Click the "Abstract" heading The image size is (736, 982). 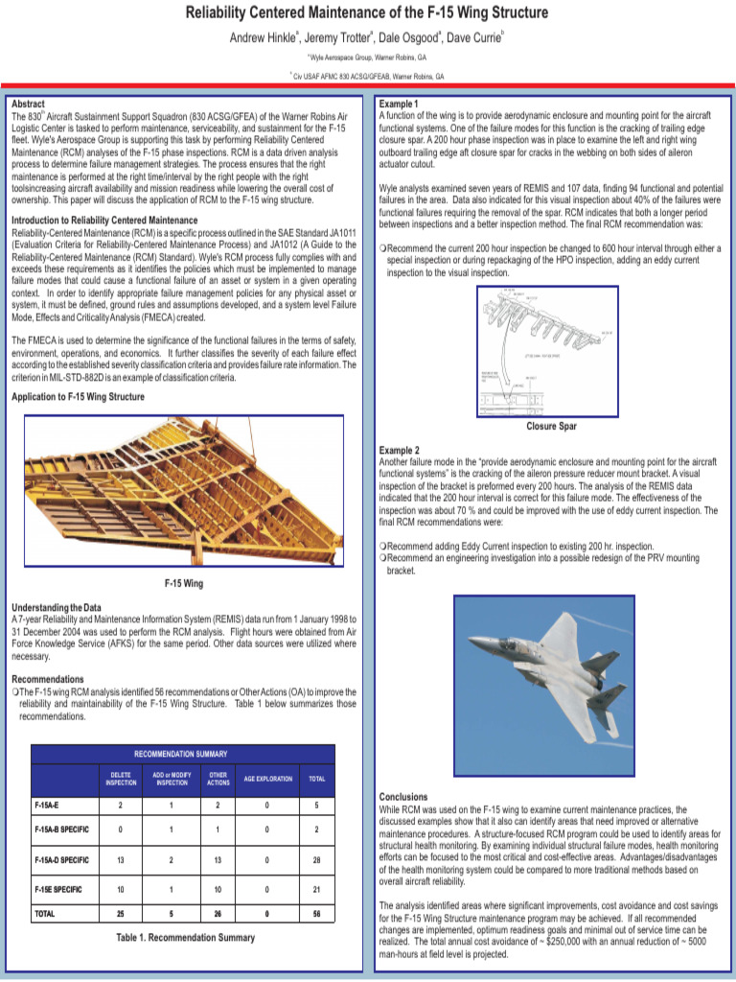29,104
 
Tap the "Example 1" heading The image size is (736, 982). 400,104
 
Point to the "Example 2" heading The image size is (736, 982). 400,450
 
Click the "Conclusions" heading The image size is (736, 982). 403,797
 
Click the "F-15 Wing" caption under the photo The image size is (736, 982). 184,583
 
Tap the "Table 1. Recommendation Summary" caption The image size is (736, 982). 185,937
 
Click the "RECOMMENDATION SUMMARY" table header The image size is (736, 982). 180,754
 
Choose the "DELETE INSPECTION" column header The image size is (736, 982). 120,779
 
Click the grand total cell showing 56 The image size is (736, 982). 315,915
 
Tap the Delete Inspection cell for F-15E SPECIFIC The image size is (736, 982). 120,889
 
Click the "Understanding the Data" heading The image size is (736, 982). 56,608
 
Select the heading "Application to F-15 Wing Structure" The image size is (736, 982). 78,397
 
